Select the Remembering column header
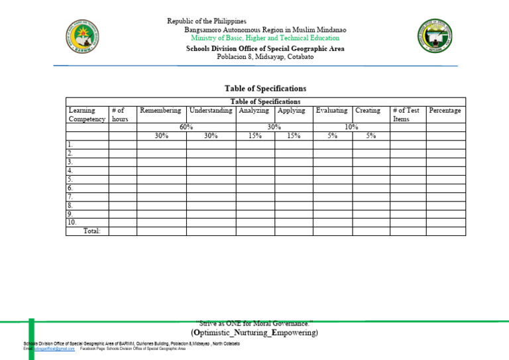160,111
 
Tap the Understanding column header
211,111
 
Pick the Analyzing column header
254,111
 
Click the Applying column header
292,111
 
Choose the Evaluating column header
331,111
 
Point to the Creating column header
368,111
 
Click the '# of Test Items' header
406,115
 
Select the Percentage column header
445,111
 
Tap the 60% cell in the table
186,127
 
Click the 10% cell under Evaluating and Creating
351,127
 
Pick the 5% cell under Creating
371,136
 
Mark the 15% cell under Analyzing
254,136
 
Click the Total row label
91,231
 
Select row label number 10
72,222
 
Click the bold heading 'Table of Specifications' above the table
265,88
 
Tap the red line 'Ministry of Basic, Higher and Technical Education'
265,39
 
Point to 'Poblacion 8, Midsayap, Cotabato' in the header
265,57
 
